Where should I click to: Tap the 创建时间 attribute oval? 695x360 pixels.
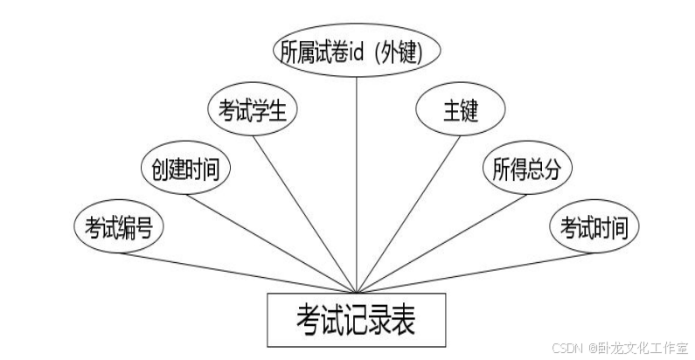pos(186,170)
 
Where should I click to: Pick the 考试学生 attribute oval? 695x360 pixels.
pos(254,111)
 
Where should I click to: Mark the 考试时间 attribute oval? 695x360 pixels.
pos(594,228)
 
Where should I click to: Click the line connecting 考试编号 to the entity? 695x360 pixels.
pos(236,272)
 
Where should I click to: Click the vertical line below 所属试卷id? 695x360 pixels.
pos(356,175)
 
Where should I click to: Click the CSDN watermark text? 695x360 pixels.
pos(568,347)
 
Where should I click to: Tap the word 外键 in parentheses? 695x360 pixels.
pos(405,53)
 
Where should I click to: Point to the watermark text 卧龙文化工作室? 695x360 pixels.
pos(643,347)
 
